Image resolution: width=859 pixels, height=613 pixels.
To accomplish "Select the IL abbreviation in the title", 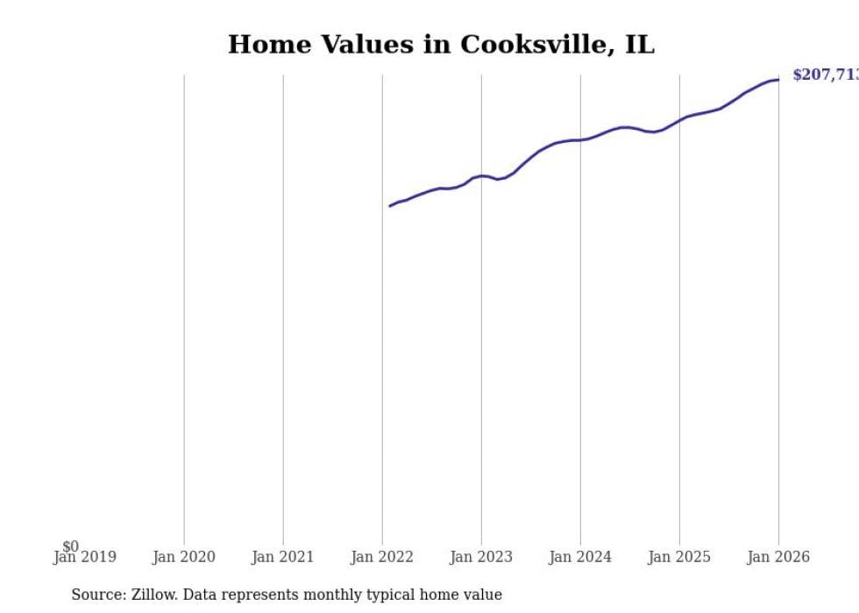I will click(639, 45).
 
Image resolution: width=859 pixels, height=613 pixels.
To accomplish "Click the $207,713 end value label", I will click(824, 75).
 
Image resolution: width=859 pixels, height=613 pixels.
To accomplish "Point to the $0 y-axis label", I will click(70, 546).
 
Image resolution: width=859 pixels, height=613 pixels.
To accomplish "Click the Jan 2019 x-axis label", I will click(84, 557).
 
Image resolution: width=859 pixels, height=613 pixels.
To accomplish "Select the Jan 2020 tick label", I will click(184, 557).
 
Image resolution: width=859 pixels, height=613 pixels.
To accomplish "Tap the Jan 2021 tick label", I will click(283, 557).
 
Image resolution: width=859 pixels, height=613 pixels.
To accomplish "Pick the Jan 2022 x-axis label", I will click(382, 557).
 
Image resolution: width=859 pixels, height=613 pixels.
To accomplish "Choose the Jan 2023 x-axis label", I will click(481, 557).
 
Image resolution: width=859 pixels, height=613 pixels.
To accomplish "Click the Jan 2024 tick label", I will click(580, 557).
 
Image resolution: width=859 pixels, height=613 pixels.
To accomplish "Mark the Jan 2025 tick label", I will click(679, 557).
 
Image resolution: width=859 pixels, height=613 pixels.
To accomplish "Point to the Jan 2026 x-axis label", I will click(778, 557).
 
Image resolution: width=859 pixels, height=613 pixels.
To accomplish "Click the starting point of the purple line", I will click(390, 206).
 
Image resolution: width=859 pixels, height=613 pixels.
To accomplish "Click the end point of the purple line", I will click(778, 80).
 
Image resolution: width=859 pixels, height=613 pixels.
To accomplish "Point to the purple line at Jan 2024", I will click(580, 139).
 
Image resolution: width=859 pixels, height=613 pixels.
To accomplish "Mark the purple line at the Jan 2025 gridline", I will click(679, 119).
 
